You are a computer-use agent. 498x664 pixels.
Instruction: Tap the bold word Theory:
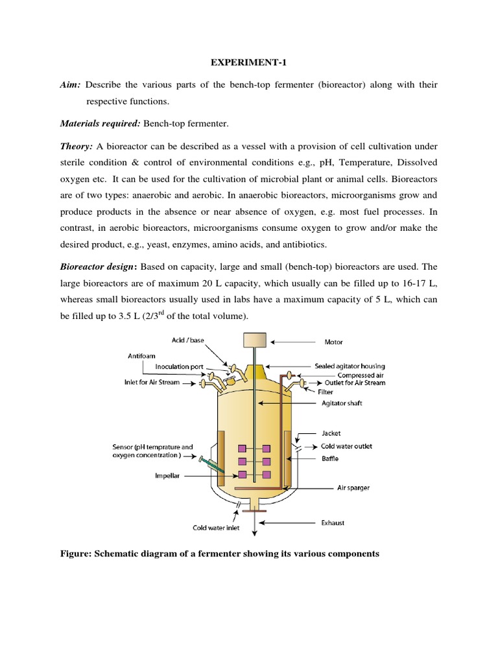pos(77,147)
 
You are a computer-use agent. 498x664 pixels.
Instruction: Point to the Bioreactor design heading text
pos(106,248)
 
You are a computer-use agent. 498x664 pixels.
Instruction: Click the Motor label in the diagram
pos(333,342)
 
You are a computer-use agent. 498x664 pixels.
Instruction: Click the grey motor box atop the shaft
pos(254,339)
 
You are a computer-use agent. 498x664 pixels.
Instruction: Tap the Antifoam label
pos(141,355)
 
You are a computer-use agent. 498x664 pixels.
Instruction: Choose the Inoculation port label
pos(180,367)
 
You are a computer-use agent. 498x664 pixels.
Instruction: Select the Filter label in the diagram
pos(326,392)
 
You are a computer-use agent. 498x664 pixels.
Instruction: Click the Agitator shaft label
pos(342,403)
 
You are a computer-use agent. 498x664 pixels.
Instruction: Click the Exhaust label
pos(333,522)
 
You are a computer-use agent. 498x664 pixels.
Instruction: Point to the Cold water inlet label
pos(216,528)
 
